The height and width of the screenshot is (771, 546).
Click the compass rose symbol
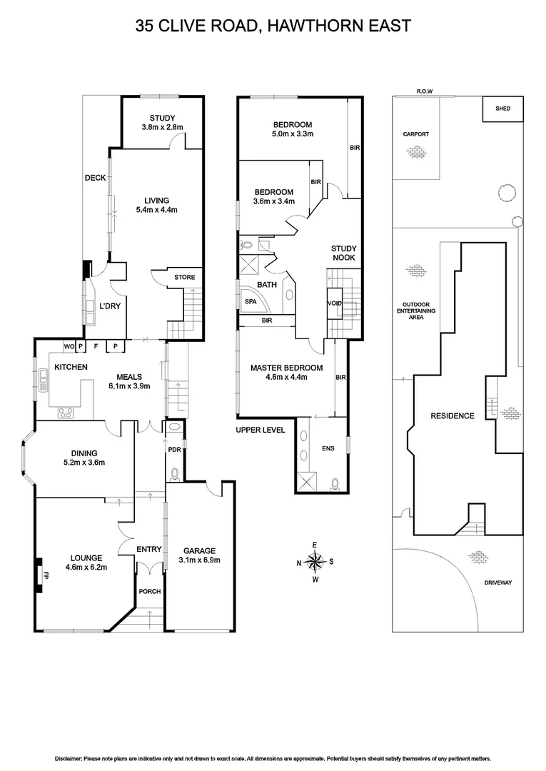coord(315,561)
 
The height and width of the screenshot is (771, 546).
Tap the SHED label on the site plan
coord(503,109)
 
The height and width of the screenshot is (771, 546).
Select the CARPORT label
coord(415,133)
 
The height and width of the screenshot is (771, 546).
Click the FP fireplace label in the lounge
coord(45,573)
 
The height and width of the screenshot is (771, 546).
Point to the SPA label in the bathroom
coord(250,302)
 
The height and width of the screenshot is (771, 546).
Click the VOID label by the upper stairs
coord(334,303)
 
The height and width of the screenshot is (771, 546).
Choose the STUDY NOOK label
coord(343,253)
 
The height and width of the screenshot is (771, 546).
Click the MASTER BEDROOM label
coord(286,368)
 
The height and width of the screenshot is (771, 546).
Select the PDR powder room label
coord(173,450)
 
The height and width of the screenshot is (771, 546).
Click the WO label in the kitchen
coord(69,346)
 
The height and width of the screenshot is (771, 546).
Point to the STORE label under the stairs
coord(185,277)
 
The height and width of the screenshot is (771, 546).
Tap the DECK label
coord(95,178)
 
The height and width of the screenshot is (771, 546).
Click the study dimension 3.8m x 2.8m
coord(162,128)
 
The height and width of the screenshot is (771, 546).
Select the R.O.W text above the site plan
coord(426,91)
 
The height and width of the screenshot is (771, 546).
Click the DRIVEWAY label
coord(498,583)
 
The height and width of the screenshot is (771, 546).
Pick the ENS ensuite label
coord(328,449)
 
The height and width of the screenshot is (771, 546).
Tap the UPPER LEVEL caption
coord(260,430)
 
